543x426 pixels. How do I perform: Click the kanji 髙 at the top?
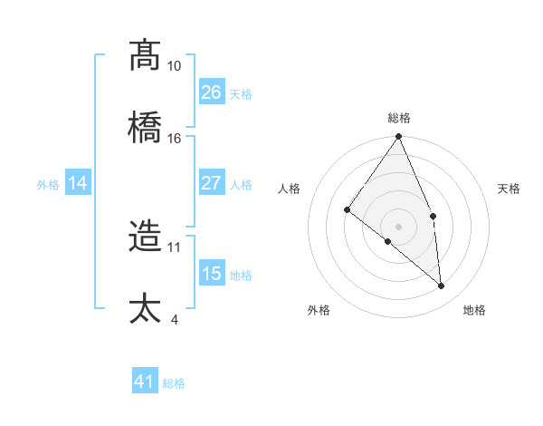click(146, 55)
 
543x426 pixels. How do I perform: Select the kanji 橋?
click(146, 127)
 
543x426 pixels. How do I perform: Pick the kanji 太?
click(146, 308)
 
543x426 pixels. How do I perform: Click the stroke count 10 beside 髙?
click(174, 66)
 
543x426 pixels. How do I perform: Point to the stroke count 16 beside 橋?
click(174, 138)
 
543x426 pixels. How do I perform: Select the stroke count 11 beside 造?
click(174, 247)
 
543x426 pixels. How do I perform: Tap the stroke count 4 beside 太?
click(174, 319)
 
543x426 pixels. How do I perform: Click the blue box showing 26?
click(211, 92)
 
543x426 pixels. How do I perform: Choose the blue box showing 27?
click(211, 183)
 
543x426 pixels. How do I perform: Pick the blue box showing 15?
click(211, 273)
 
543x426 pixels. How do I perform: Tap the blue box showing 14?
click(78, 183)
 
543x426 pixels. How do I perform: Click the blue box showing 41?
click(145, 382)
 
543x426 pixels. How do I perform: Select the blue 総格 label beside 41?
click(174, 383)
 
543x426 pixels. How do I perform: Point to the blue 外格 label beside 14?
click(48, 185)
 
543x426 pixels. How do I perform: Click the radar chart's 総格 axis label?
click(399, 118)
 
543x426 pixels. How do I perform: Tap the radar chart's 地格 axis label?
click(474, 310)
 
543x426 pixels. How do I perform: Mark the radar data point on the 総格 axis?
click(399, 137)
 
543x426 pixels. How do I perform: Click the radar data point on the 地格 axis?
click(442, 286)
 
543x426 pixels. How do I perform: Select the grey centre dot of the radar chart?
click(399, 226)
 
